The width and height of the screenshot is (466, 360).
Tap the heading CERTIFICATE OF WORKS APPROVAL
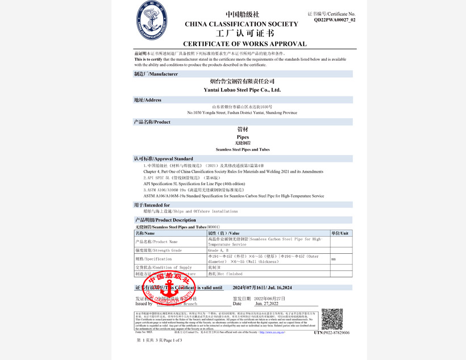[x=244, y=44]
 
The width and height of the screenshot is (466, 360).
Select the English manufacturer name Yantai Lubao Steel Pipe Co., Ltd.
[x=242, y=90]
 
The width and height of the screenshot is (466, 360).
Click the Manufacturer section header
[x=156, y=74]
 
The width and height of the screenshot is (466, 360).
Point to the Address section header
[x=148, y=100]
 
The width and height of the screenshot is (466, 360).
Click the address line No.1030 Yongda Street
[x=242, y=112]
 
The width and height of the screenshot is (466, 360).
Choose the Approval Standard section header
[x=163, y=158]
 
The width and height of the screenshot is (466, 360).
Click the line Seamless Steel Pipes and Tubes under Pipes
[x=242, y=149]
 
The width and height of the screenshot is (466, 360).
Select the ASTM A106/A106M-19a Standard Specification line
[x=234, y=195]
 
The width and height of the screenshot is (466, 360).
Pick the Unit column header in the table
[x=341, y=233]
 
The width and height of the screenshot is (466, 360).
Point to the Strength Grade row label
[x=159, y=250]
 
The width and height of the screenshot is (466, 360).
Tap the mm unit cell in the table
[x=334, y=259]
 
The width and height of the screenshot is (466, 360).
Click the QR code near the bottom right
[x=332, y=319]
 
